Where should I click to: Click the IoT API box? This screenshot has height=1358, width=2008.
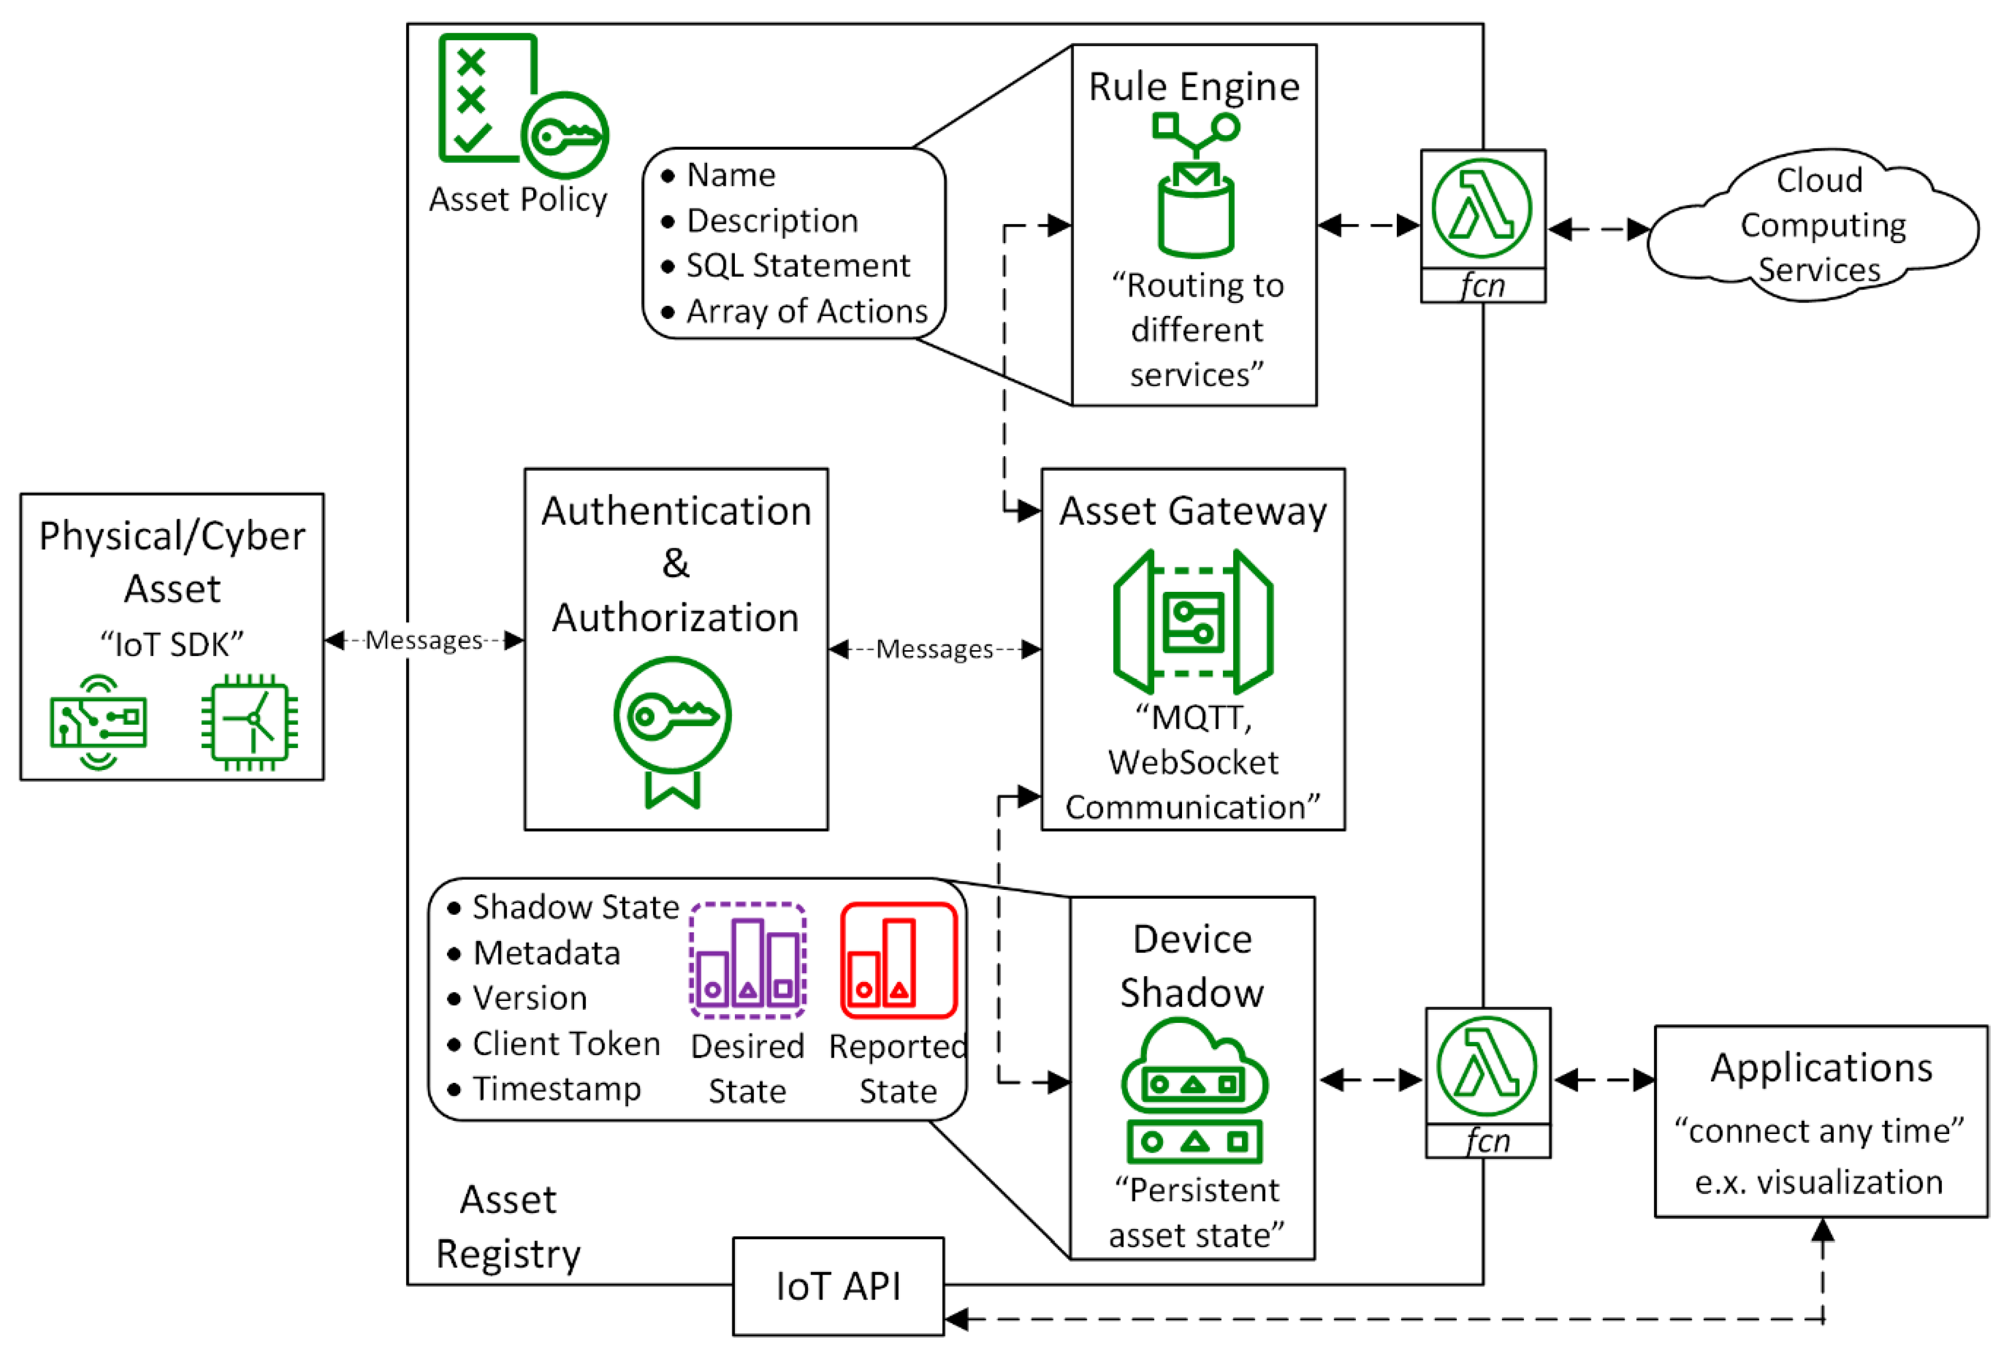click(837, 1286)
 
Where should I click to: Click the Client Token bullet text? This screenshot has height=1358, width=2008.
click(566, 1044)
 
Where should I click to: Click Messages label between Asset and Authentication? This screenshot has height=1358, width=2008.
click(424, 640)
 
